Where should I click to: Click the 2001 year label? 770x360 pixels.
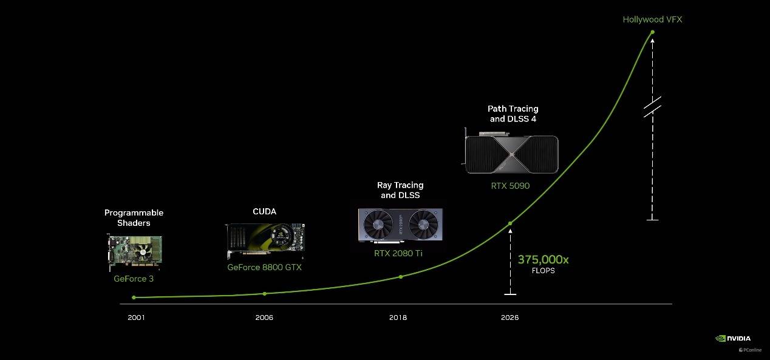point(136,318)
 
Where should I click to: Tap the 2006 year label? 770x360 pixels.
point(264,318)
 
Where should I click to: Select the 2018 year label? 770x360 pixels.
point(398,318)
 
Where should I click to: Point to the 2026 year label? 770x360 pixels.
point(509,318)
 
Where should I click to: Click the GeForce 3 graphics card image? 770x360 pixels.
point(134,252)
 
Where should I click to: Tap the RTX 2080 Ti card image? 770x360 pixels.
point(400,225)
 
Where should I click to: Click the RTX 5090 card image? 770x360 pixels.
point(511,152)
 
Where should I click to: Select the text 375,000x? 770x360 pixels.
point(543,259)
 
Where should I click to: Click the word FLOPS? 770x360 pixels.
point(543,271)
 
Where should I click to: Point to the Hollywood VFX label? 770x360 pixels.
point(652,19)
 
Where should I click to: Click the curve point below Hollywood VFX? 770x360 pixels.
point(652,32)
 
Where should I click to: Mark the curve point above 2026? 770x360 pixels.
point(510,223)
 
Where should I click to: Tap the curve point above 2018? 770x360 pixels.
point(401,277)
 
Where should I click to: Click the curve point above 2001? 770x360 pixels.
point(134,297)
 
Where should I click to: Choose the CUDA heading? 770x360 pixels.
point(264,211)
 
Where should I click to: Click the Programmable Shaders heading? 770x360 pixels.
point(134,217)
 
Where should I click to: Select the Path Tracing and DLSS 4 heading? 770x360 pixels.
point(513,114)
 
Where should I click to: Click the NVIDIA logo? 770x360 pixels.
point(733,338)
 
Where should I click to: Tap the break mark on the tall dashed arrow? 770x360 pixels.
point(652,107)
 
